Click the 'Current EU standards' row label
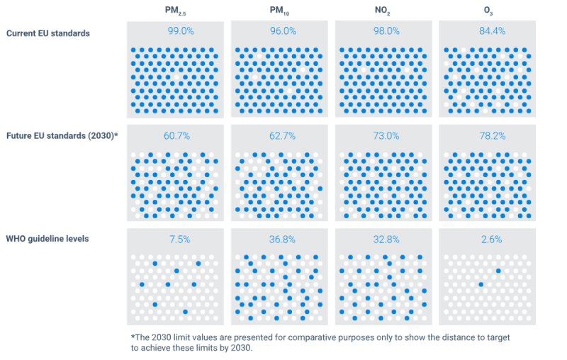(48, 33)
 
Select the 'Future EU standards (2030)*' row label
(62, 135)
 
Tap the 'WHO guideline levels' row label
(48, 239)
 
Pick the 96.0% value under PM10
(279, 31)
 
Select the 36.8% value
(279, 240)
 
